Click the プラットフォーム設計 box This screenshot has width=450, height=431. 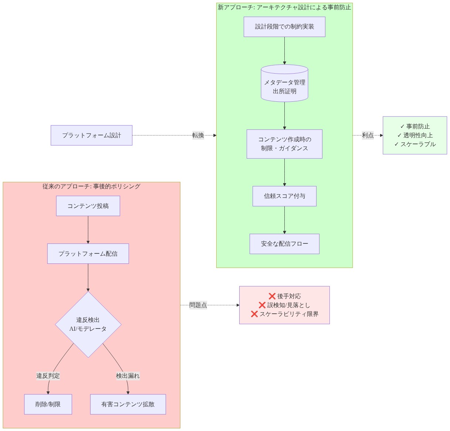(91, 135)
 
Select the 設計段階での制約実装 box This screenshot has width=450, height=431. (284, 27)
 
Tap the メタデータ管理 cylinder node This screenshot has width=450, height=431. (284, 83)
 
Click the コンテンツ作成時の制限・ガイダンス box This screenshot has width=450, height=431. (284, 144)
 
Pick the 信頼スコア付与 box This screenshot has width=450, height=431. (284, 196)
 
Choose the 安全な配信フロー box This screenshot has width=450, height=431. (284, 244)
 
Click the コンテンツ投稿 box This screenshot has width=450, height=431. (88, 206)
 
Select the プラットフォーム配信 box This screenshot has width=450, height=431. (88, 253)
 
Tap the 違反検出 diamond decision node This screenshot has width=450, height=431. (88, 324)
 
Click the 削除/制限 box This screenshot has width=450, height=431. (48, 404)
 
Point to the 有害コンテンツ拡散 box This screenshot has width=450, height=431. (128, 404)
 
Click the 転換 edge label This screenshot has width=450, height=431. (198, 135)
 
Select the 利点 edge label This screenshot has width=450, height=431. (368, 135)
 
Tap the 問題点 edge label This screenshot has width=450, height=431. (198, 305)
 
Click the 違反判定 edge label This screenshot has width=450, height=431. (48, 376)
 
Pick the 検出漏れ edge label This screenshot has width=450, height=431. (128, 376)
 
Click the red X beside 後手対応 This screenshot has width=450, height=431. (272, 296)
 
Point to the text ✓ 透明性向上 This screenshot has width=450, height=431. (415, 135)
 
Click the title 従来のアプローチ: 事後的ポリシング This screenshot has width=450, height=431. (91, 186)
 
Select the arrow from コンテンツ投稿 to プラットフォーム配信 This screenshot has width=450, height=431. (88, 230)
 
